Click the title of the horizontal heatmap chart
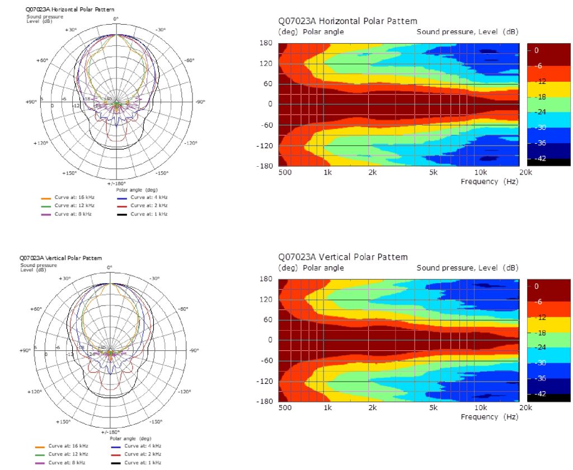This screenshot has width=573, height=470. (x=347, y=21)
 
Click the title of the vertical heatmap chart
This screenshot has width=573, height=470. (x=343, y=257)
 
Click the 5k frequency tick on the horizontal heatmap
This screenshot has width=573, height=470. (x=434, y=173)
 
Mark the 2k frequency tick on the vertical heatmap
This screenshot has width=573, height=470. (x=372, y=409)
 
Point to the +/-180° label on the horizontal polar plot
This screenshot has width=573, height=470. (x=116, y=184)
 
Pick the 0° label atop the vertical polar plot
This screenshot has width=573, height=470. (x=110, y=267)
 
